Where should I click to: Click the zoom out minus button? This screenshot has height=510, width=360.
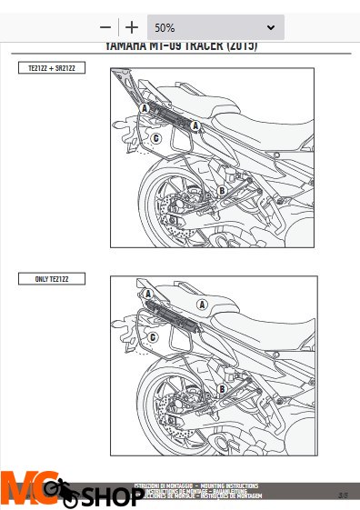click(x=106, y=27)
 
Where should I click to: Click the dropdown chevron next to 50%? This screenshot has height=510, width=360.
click(x=270, y=27)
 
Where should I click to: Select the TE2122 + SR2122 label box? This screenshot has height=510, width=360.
click(x=52, y=68)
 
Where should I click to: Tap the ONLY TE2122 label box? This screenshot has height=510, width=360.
click(x=52, y=280)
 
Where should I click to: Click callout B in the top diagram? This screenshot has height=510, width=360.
click(x=221, y=190)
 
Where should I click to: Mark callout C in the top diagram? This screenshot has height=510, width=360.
click(x=156, y=138)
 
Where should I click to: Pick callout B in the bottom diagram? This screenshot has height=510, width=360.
click(x=221, y=388)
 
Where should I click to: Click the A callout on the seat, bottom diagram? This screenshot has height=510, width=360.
click(x=202, y=302)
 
